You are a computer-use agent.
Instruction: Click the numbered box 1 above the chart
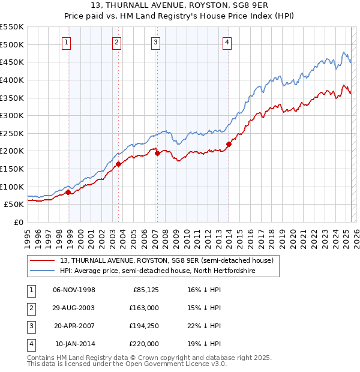[65, 42]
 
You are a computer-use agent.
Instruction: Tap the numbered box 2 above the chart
[116, 42]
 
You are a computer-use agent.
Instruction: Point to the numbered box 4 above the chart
[227, 42]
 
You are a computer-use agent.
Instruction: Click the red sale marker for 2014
[229, 144]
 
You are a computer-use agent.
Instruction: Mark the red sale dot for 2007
[157, 153]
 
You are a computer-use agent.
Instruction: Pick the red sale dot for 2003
[118, 164]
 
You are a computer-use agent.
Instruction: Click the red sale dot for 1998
[68, 192]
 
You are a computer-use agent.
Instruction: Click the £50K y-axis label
[14, 204]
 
